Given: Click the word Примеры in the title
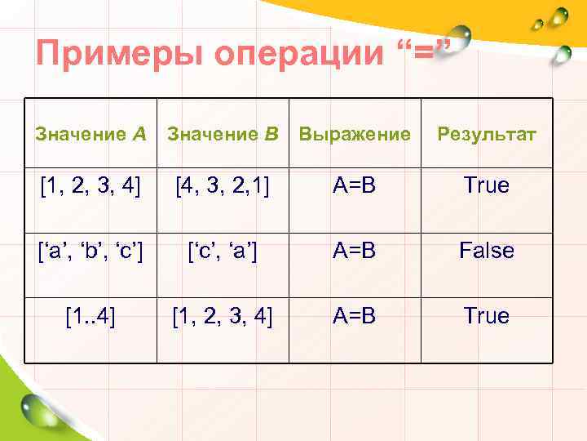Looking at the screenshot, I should pos(118,56).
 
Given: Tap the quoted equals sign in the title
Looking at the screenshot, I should pos(423,52).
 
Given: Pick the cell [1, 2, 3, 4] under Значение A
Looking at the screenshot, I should pos(90,185).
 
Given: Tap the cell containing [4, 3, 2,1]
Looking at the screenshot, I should pos(223,185).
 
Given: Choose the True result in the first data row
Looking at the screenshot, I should pos(487,185).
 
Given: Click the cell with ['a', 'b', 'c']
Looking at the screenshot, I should pos(90,251).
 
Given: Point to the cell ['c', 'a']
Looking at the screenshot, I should pos(223,251).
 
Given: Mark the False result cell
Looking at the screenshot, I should pos(487,251).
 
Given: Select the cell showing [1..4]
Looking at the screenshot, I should pos(90,316).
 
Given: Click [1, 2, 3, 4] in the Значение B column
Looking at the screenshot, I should pos(223,316).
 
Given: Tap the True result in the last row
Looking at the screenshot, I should pos(487,316).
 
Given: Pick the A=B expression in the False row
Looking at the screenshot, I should pos(354,251).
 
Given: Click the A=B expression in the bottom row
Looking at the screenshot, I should pos(354,316).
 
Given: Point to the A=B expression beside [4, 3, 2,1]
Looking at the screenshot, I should pos(354,185).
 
